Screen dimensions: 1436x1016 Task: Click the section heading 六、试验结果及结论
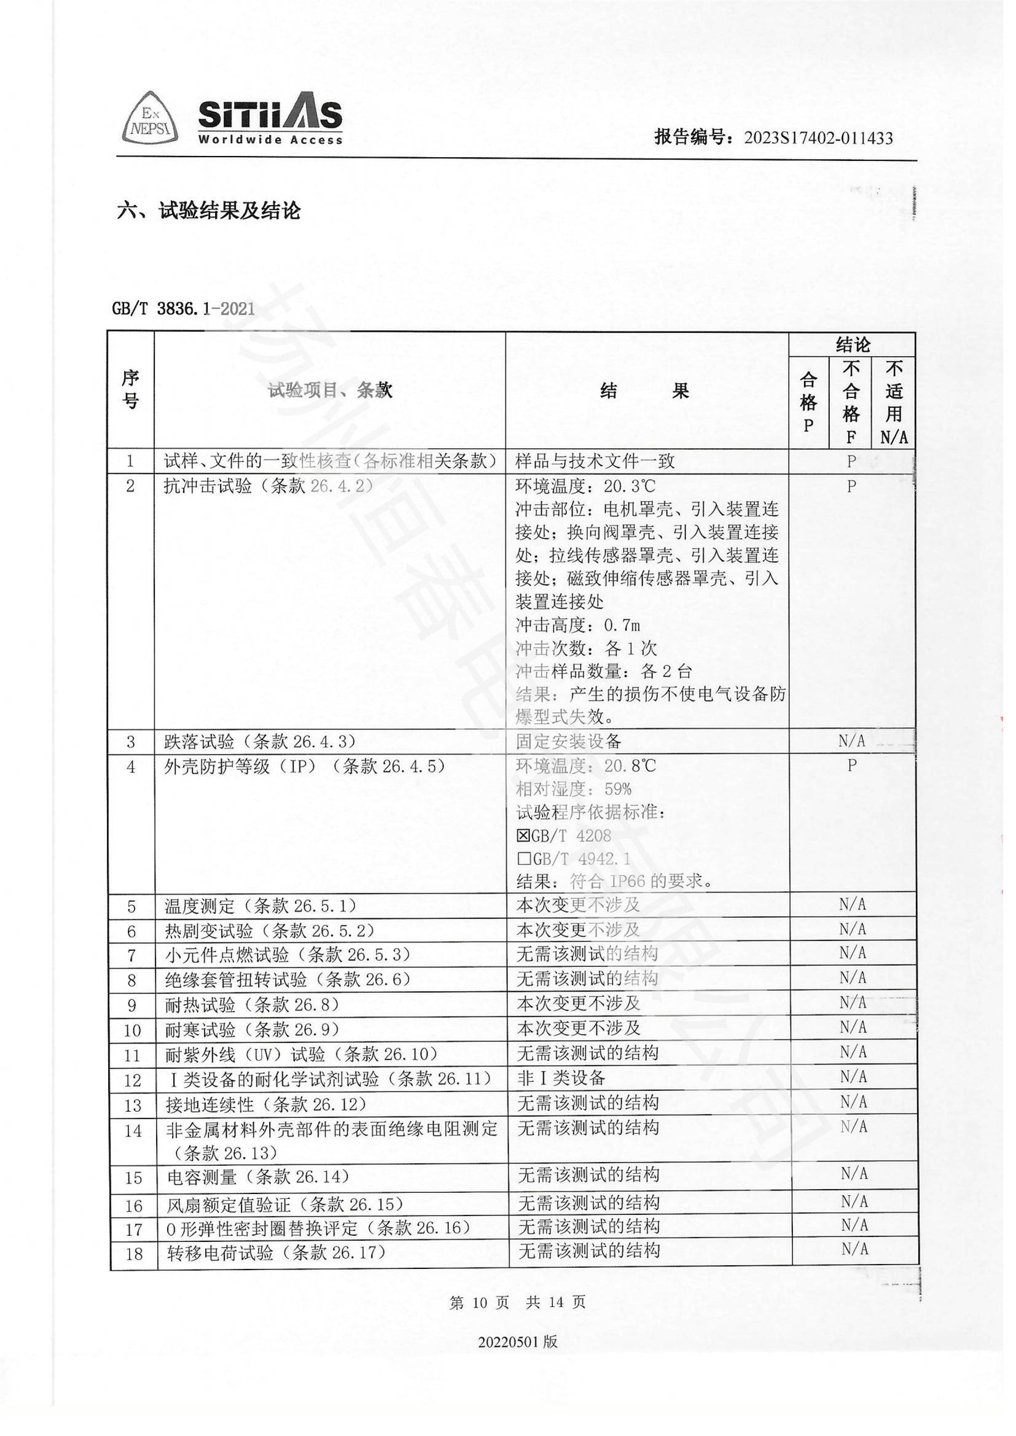point(208,211)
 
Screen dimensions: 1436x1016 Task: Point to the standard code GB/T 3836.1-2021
point(183,308)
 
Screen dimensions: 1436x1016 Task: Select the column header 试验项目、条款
point(330,390)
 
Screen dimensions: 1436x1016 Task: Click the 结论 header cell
point(852,344)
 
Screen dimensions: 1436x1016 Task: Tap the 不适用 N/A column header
point(894,402)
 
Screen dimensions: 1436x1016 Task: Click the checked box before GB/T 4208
point(523,836)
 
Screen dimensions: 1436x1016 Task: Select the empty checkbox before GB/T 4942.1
point(523,859)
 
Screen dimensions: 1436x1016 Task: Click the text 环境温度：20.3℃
point(585,486)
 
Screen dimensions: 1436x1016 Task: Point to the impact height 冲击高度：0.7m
point(577,625)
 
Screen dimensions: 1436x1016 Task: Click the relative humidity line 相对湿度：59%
point(573,790)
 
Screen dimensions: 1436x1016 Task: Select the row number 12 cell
point(133,1080)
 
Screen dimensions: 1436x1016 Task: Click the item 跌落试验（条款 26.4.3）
point(260,742)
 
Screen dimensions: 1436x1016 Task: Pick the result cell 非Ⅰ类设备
point(561,1078)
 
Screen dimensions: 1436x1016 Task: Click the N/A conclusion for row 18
point(854,1249)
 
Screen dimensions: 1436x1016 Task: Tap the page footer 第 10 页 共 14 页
point(517,1303)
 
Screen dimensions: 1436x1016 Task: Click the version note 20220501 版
point(517,1341)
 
